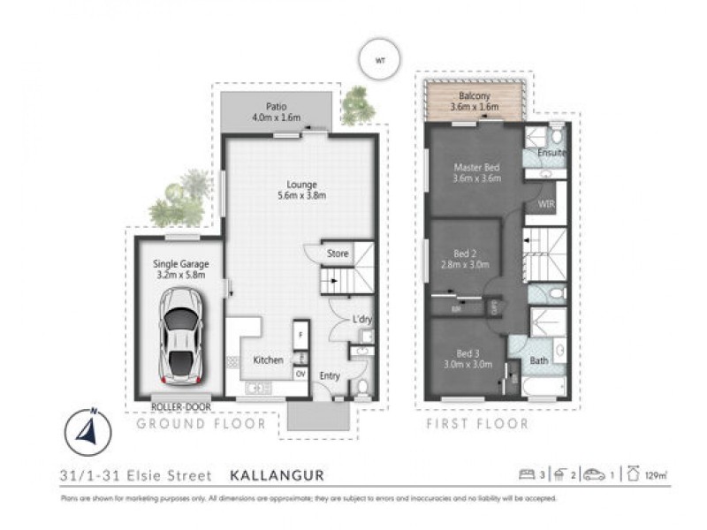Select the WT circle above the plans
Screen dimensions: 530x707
tap(380, 60)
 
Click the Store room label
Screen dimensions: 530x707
tap(338, 254)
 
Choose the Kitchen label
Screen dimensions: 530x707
tap(268, 360)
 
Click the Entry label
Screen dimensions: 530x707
tap(330, 375)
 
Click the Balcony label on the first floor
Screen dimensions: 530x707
tap(475, 95)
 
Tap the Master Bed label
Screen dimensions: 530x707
tap(477, 167)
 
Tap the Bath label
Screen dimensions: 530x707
tap(538, 360)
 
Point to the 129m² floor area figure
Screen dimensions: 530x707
tap(655, 475)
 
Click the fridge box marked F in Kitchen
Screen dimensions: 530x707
tap(300, 336)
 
